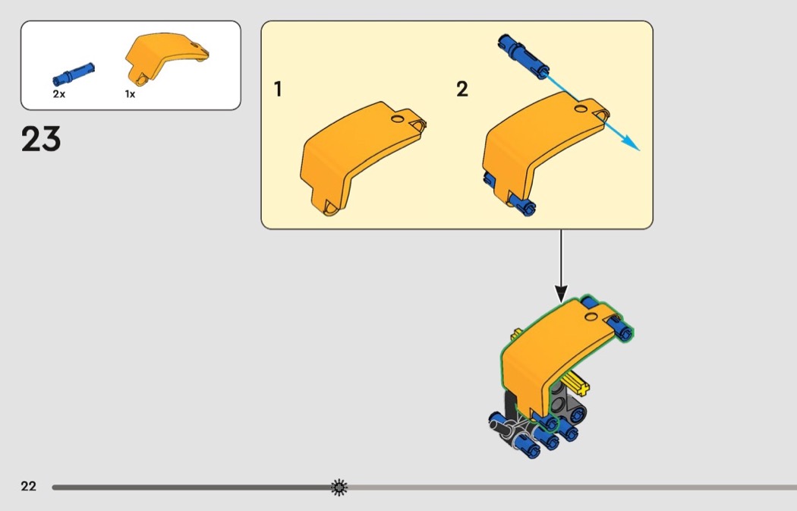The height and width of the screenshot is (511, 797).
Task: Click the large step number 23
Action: tap(41, 140)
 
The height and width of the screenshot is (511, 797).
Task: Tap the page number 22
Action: tap(28, 487)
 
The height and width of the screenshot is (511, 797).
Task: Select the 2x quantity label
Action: tap(59, 94)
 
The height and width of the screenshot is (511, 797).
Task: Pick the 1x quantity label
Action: tap(130, 94)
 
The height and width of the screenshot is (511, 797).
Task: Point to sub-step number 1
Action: tap(278, 90)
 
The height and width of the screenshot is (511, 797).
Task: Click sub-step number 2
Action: tap(462, 90)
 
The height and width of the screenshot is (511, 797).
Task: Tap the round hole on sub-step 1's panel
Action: tap(397, 119)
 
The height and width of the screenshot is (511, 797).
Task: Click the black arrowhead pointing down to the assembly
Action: tap(561, 292)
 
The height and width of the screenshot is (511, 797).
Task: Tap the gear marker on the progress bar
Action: tap(339, 487)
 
